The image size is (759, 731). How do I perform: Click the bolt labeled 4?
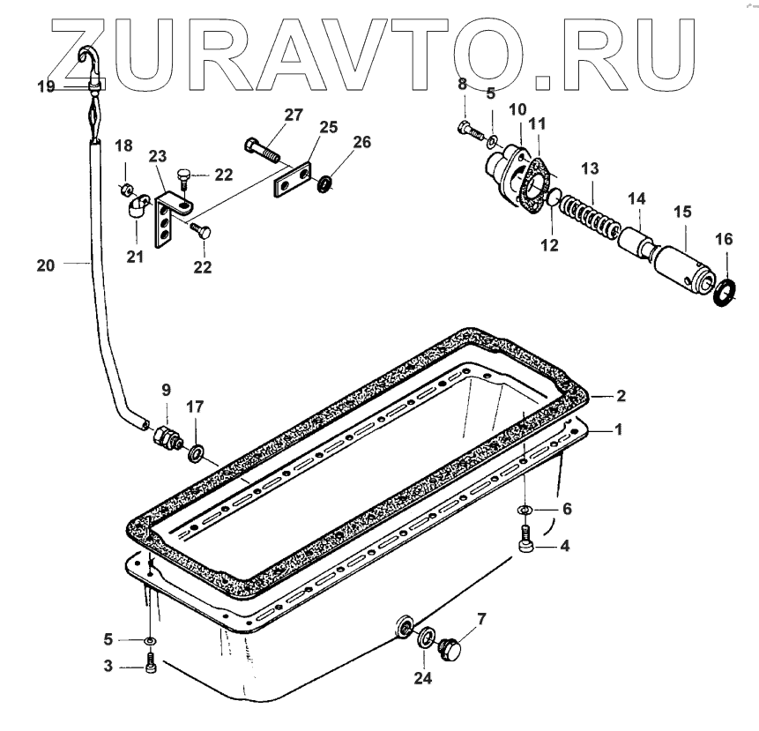(527, 539)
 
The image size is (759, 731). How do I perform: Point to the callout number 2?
(621, 397)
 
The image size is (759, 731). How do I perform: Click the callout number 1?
(619, 429)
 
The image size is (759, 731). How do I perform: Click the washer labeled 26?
(324, 183)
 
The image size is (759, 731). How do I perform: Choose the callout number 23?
(157, 156)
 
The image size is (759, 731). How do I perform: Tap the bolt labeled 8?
(467, 128)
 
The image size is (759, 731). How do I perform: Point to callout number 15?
(682, 213)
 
